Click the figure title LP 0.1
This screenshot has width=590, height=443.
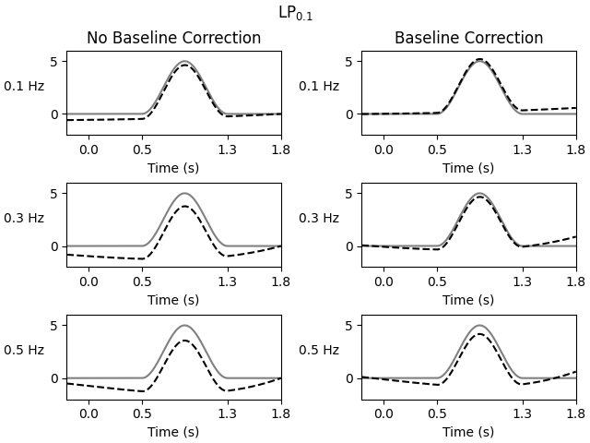[295, 14]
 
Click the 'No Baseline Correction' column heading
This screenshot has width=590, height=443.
[173, 38]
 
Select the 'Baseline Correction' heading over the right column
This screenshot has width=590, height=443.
[468, 38]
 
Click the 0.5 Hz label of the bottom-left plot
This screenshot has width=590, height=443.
[24, 351]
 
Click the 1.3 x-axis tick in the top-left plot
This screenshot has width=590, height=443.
[228, 149]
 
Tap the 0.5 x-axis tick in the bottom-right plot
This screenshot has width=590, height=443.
[437, 413]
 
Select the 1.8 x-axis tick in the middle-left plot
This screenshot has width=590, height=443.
[281, 281]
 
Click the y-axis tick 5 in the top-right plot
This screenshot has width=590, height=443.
[349, 62]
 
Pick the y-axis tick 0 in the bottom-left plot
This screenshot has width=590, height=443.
[54, 378]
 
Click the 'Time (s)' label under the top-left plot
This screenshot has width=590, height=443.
[173, 168]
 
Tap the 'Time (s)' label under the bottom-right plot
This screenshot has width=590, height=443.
[468, 432]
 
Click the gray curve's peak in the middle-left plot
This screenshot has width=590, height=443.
[184, 194]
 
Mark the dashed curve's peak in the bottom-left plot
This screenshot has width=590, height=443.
[184, 341]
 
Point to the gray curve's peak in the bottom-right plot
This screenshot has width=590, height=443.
[479, 326]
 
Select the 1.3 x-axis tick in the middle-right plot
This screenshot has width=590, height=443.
[523, 281]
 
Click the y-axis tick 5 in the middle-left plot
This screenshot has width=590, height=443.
[54, 194]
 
